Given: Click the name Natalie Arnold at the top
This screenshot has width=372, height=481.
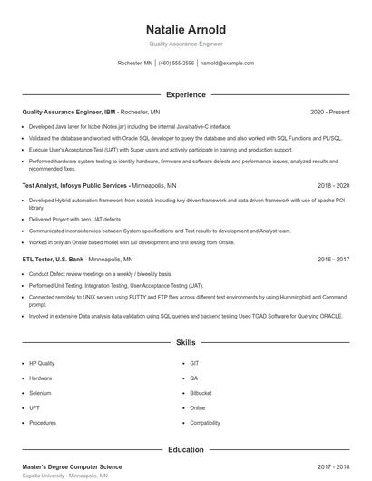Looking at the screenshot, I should coord(186,29).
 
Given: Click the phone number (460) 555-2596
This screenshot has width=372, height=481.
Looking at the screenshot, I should coord(176,64).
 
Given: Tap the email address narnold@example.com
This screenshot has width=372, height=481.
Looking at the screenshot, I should coord(227,64).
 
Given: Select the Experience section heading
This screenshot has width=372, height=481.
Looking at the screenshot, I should coord(186,94).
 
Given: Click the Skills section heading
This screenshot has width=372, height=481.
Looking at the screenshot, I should coord(186,344).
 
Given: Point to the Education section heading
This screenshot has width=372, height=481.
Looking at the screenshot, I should coord(186,449).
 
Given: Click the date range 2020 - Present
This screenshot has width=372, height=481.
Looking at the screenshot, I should coord(329,113).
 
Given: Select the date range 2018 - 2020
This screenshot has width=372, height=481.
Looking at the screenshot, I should coord(330,185).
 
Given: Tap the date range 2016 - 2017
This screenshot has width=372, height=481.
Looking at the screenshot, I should coord(333,259).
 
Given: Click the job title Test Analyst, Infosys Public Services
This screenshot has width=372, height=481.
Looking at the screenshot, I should coord(76,185).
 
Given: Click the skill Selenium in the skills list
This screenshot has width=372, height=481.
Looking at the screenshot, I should coord(40,393).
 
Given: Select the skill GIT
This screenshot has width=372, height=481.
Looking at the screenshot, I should coord(194,363).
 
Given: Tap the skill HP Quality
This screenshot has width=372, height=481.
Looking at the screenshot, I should coord(42,363).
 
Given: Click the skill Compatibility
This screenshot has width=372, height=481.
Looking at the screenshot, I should coord(205,423).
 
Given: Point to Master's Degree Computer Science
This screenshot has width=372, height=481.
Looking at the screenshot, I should coord(72,466).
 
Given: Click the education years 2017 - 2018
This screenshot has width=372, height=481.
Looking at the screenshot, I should coord(333,466).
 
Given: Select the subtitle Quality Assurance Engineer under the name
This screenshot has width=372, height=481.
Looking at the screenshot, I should coord(186,44).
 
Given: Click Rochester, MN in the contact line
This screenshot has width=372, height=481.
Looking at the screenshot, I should coord(135,64).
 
